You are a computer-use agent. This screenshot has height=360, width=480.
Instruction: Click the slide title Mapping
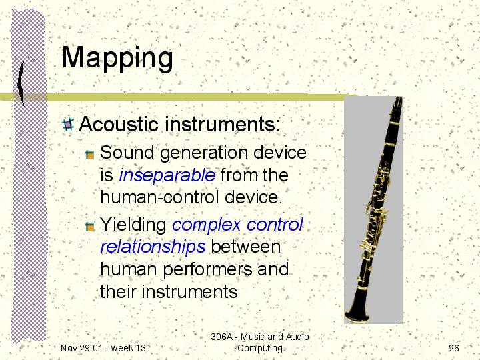117,58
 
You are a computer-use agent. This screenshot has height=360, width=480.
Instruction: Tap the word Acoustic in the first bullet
119,124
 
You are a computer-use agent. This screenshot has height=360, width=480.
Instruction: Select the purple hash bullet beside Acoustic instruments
68,125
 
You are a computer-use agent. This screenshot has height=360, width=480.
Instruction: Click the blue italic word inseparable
167,175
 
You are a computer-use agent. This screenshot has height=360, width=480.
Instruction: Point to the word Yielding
133,225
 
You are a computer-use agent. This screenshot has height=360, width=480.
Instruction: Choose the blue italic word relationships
153,247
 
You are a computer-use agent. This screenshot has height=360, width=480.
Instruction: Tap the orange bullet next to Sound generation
90,155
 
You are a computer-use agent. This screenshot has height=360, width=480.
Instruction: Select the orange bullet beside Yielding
90,227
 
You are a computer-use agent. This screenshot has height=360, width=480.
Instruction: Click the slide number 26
454,348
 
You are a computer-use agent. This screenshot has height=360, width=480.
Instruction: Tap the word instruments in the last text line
189,291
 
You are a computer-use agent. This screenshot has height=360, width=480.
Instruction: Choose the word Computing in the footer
260,349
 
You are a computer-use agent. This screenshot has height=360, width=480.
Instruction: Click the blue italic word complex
206,225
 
